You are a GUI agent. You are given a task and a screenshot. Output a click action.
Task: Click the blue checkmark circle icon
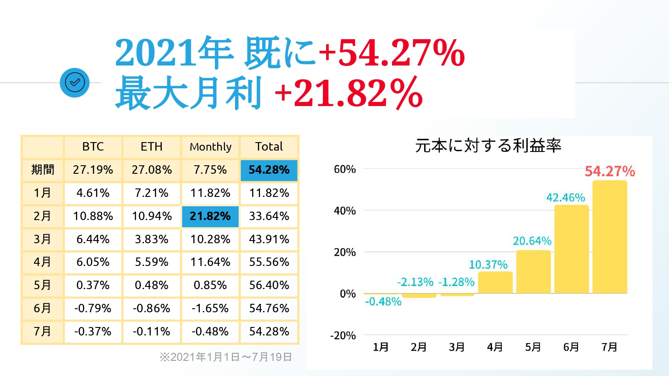pyautogui.click(x=74, y=82)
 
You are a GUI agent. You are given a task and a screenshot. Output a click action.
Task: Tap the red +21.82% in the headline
pyautogui.click(x=349, y=93)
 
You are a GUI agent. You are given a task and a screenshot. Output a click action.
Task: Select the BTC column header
pyautogui.click(x=93, y=147)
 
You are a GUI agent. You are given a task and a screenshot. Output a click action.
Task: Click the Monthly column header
pyautogui.click(x=211, y=147)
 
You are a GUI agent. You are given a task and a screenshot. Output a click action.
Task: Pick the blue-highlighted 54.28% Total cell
pyautogui.click(x=269, y=170)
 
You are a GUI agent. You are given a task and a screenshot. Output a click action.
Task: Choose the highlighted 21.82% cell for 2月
pyautogui.click(x=210, y=216)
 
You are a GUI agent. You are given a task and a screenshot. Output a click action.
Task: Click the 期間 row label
pyautogui.click(x=42, y=170)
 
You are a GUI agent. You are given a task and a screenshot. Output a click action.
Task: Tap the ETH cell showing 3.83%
pyautogui.click(x=152, y=239)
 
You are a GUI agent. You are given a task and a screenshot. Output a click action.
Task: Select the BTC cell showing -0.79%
pyautogui.click(x=93, y=308)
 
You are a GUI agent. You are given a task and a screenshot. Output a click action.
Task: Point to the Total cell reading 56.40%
pyautogui.click(x=269, y=285)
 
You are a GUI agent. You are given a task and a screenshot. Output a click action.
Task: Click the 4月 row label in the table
pyautogui.click(x=42, y=262)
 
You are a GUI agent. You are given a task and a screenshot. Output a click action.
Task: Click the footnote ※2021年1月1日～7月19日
pyautogui.click(x=226, y=357)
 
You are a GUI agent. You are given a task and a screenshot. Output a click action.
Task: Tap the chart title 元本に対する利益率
pyautogui.click(x=488, y=146)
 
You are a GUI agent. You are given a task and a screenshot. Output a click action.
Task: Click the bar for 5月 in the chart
pyautogui.click(x=533, y=272)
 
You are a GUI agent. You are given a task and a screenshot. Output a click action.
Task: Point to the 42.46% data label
pyautogui.click(x=566, y=197)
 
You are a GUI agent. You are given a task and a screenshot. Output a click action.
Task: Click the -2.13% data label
pyautogui.click(x=415, y=282)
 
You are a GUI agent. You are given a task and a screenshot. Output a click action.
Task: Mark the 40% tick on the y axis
pyautogui.click(x=345, y=211)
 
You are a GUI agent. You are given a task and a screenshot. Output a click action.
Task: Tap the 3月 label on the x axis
pyautogui.click(x=457, y=347)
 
